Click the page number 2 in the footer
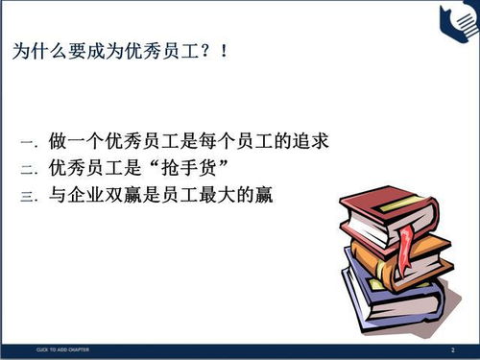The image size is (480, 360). coord(451,349)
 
